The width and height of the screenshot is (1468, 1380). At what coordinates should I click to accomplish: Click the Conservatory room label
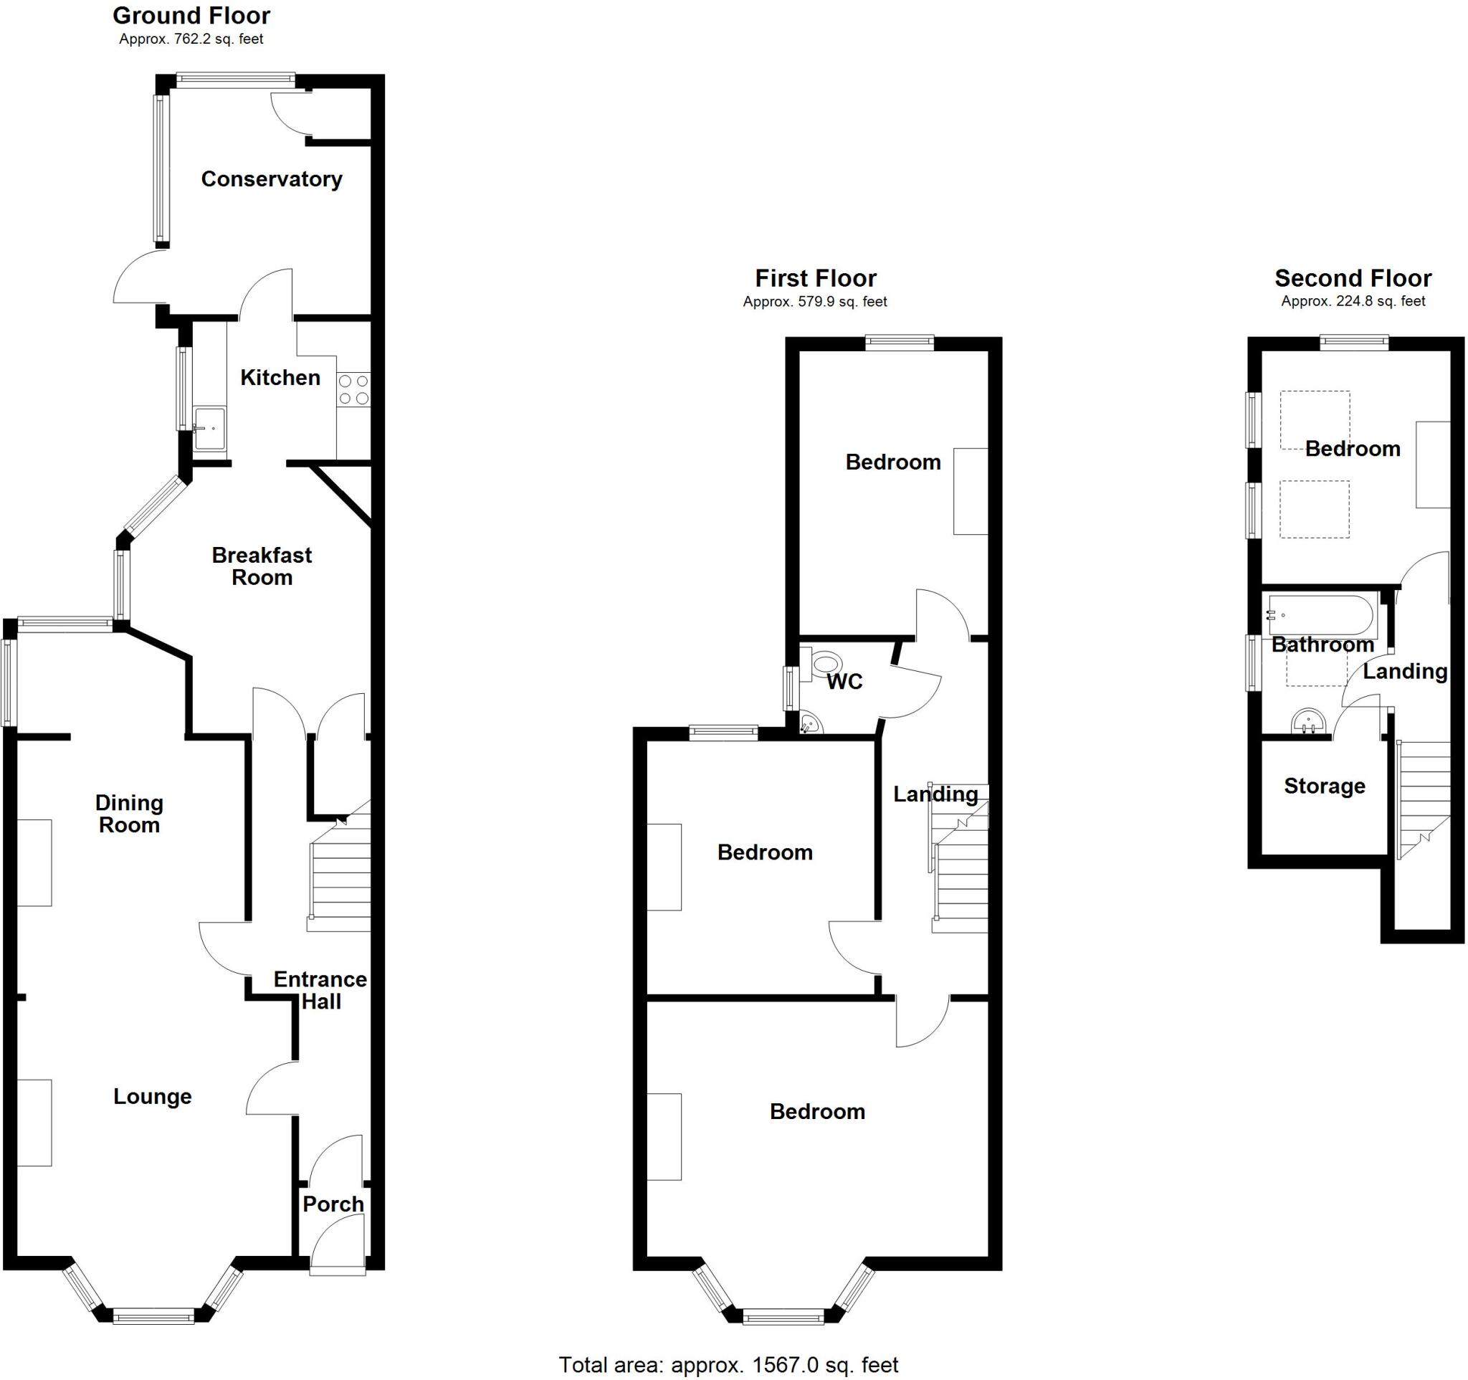click(271, 179)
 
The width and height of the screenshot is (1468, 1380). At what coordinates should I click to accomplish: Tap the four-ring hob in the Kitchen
click(353, 390)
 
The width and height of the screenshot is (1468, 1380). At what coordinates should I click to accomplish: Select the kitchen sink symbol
click(209, 427)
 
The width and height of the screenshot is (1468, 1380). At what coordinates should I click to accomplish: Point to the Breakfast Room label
click(262, 566)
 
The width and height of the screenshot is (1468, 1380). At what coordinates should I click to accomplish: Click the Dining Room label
click(129, 814)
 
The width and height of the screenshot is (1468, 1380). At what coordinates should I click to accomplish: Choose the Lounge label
click(152, 1096)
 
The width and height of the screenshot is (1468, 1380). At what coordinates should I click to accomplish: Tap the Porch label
click(333, 1204)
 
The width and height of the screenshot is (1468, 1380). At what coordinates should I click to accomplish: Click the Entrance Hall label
click(320, 990)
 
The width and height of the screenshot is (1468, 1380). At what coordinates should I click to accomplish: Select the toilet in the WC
click(825, 663)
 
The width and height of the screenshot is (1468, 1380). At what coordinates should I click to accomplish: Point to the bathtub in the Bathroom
click(1320, 615)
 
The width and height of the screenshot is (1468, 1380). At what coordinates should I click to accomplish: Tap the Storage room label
click(1324, 786)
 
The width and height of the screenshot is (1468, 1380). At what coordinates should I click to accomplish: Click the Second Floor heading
click(1353, 278)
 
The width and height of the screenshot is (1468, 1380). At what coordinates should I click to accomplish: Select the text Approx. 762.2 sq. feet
click(191, 39)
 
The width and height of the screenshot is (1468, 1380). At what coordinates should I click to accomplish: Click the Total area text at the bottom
click(728, 1365)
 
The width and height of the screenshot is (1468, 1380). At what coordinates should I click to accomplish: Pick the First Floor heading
click(815, 278)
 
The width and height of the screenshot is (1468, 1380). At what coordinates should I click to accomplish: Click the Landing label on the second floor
click(1404, 671)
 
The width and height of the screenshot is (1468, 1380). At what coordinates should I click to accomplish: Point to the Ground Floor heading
click(191, 16)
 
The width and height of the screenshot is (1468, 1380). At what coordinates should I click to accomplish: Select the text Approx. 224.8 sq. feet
click(1353, 301)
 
